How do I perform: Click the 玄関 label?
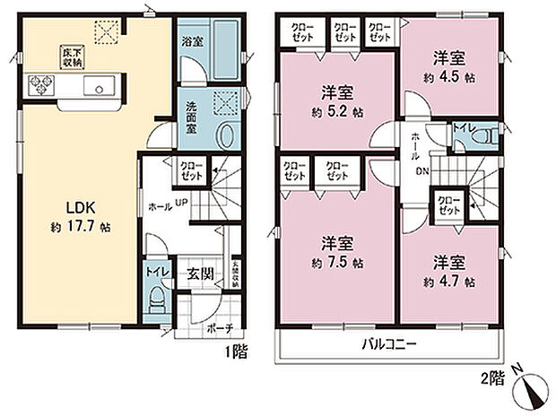(200, 274)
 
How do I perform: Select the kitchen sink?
(98, 87)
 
